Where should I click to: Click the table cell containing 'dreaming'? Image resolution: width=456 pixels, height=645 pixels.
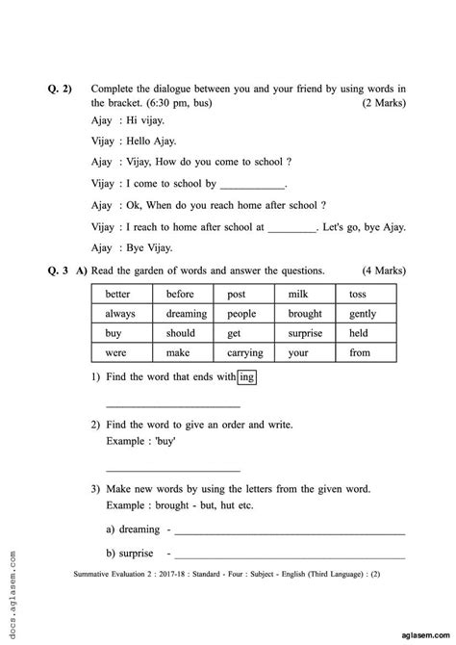click(x=187, y=313)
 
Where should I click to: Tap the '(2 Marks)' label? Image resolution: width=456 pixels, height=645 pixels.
click(x=384, y=102)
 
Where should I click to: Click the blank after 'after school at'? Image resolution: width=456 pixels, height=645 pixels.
click(x=291, y=229)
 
